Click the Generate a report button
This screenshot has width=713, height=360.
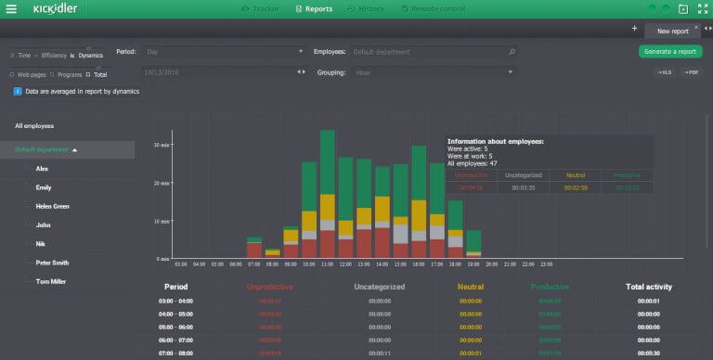[670, 51]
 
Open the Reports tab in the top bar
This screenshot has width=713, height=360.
[314, 8]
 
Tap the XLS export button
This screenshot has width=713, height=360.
[664, 72]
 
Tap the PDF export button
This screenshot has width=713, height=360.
[692, 72]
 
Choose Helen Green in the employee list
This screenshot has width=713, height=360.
[52, 206]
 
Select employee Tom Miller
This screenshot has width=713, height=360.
[50, 281]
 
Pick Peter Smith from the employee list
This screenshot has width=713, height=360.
[52, 263]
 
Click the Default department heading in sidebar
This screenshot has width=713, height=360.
[42, 149]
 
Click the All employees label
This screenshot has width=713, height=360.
[34, 125]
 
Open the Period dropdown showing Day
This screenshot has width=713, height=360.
[224, 52]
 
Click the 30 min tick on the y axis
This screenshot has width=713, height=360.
[161, 146]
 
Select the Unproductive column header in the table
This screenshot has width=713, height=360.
[269, 287]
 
